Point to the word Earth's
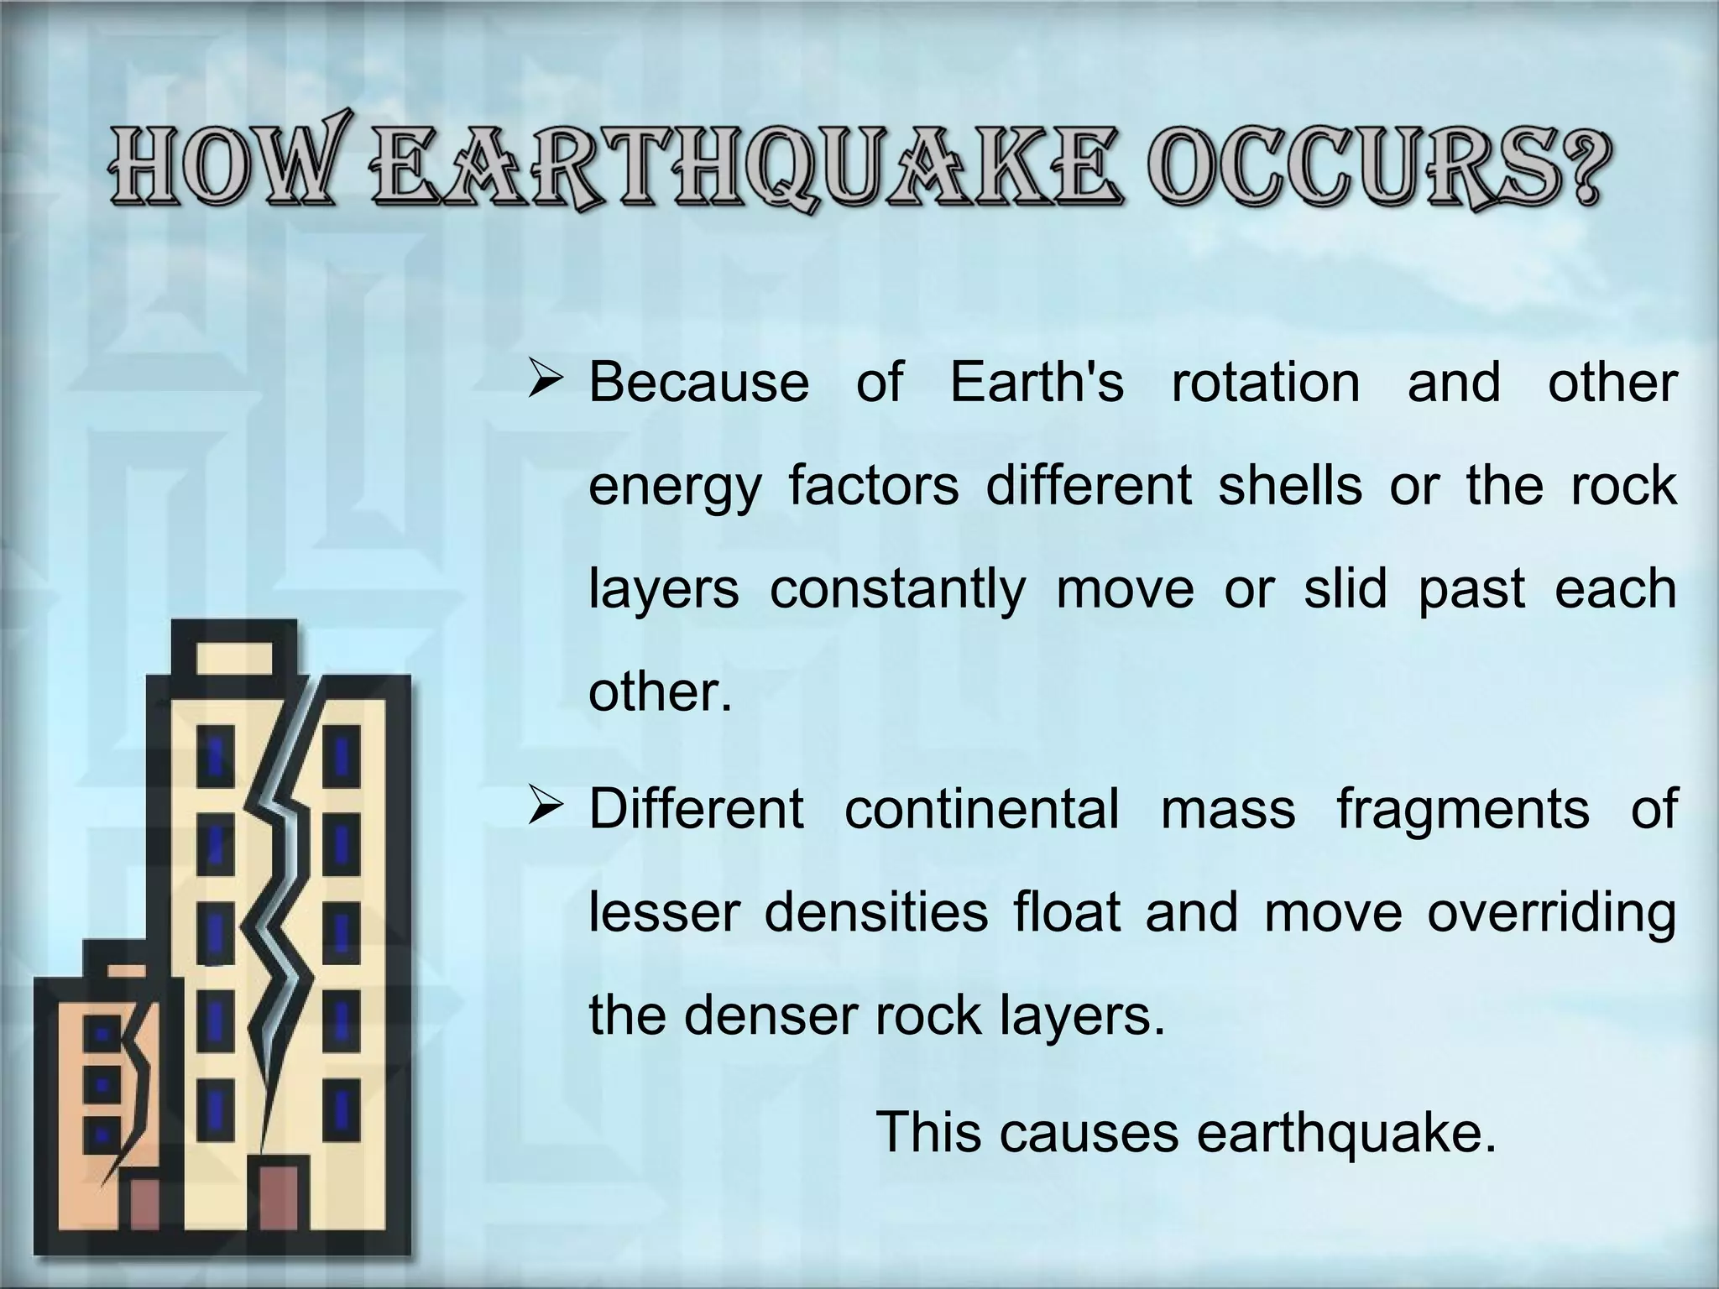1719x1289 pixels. (1037, 383)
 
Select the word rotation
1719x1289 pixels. (1265, 383)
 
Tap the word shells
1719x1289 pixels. (1290, 485)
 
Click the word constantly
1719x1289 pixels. (897, 589)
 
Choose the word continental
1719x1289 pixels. (981, 809)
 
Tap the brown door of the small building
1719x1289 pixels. (146, 1217)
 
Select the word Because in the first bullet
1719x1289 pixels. (698, 383)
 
